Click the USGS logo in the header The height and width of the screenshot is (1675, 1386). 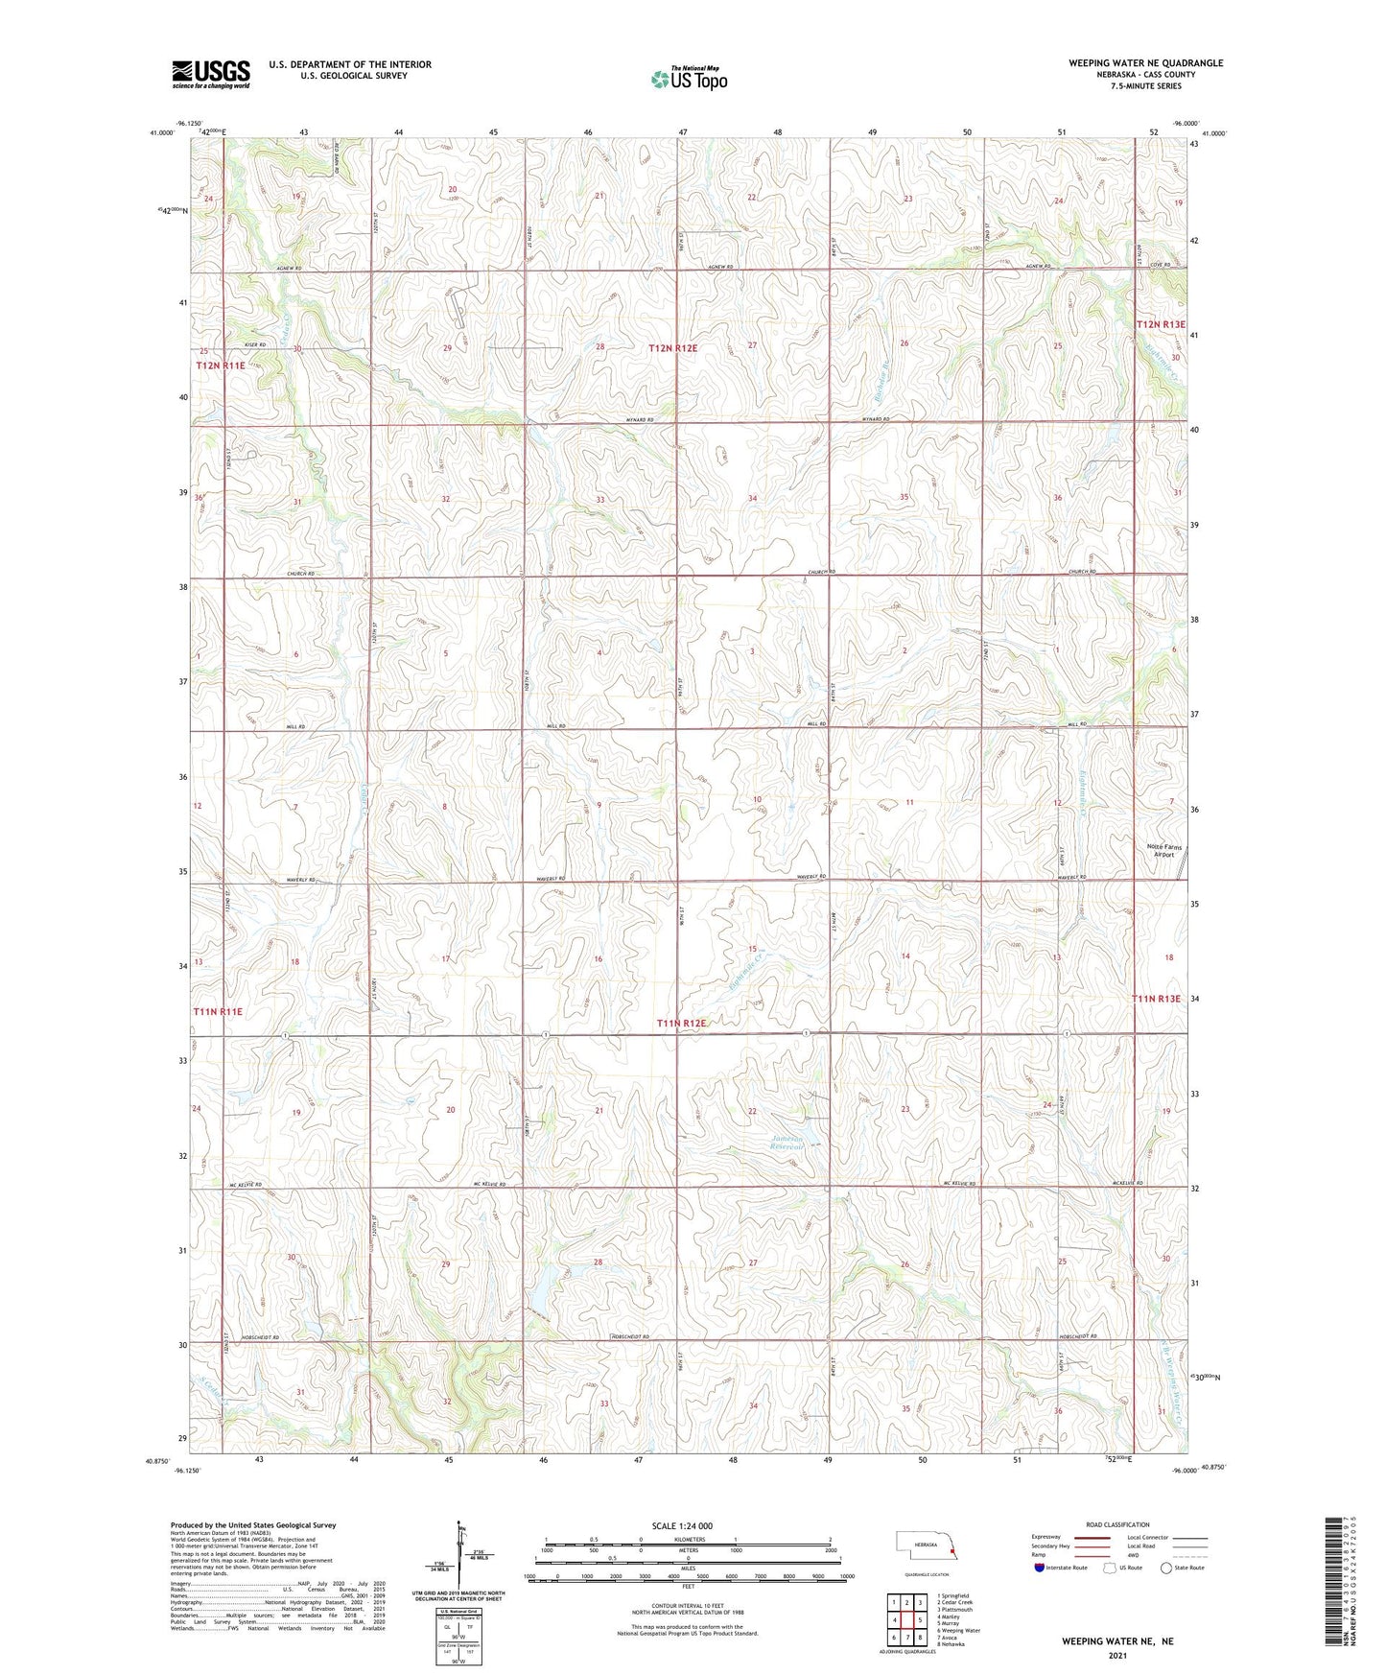(211, 73)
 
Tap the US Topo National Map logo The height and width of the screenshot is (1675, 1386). (687, 78)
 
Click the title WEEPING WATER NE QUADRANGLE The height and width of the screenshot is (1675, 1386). (1145, 63)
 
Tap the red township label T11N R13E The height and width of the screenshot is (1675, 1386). (1158, 999)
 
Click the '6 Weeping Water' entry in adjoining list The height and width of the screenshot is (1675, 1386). (960, 1630)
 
